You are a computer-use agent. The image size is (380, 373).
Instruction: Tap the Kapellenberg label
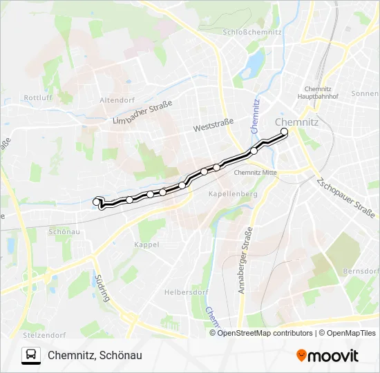click(x=233, y=194)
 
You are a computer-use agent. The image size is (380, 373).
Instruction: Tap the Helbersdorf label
click(x=186, y=291)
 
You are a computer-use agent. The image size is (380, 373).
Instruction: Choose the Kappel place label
click(x=146, y=245)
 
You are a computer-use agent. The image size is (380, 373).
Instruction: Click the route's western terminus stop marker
click(x=97, y=202)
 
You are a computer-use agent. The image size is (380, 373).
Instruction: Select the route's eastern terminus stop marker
click(x=284, y=131)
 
